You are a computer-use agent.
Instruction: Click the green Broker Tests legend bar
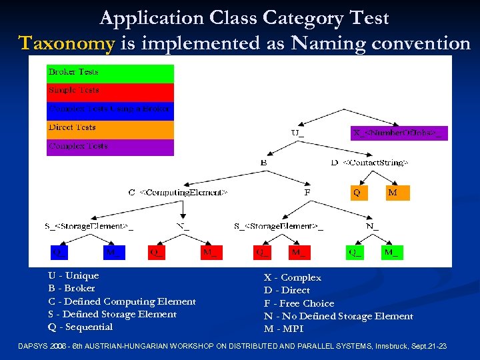pyautogui.click(x=110, y=73)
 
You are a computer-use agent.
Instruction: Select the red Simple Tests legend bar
pyautogui.click(x=110, y=91)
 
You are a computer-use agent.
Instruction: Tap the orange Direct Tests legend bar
pyautogui.click(x=110, y=129)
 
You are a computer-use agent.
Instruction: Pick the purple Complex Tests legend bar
pyautogui.click(x=110, y=147)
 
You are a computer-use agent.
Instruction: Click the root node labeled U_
pyautogui.click(x=297, y=133)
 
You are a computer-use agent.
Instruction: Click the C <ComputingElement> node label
pyautogui.click(x=178, y=192)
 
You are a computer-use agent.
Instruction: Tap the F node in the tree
pyautogui.click(x=307, y=192)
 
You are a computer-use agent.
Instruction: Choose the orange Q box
pyautogui.click(x=358, y=193)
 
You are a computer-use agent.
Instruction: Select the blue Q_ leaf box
pyautogui.click(x=59, y=252)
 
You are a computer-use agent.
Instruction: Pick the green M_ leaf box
pyautogui.click(x=391, y=252)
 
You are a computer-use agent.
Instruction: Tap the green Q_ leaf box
pyautogui.click(x=355, y=252)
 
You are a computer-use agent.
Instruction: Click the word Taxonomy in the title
pyautogui.click(x=67, y=43)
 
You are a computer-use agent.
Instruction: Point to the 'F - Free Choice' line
pyautogui.click(x=299, y=303)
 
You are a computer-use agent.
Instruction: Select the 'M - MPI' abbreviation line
pyautogui.click(x=283, y=329)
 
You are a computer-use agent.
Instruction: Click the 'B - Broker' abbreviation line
pyautogui.click(x=71, y=288)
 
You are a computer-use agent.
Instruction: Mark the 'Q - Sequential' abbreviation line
pyautogui.click(x=80, y=327)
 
